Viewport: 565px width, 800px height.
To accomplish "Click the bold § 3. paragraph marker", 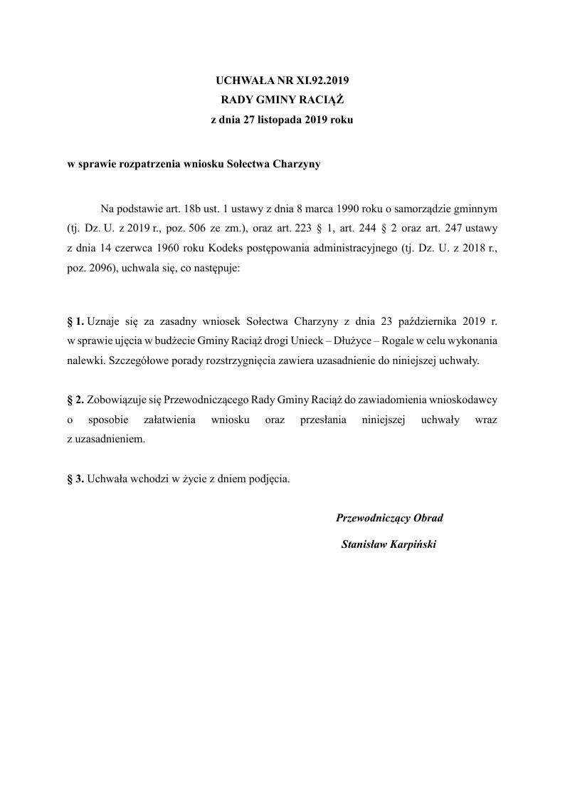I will pos(70,479).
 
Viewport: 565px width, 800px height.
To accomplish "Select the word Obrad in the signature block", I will pos(427,519).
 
